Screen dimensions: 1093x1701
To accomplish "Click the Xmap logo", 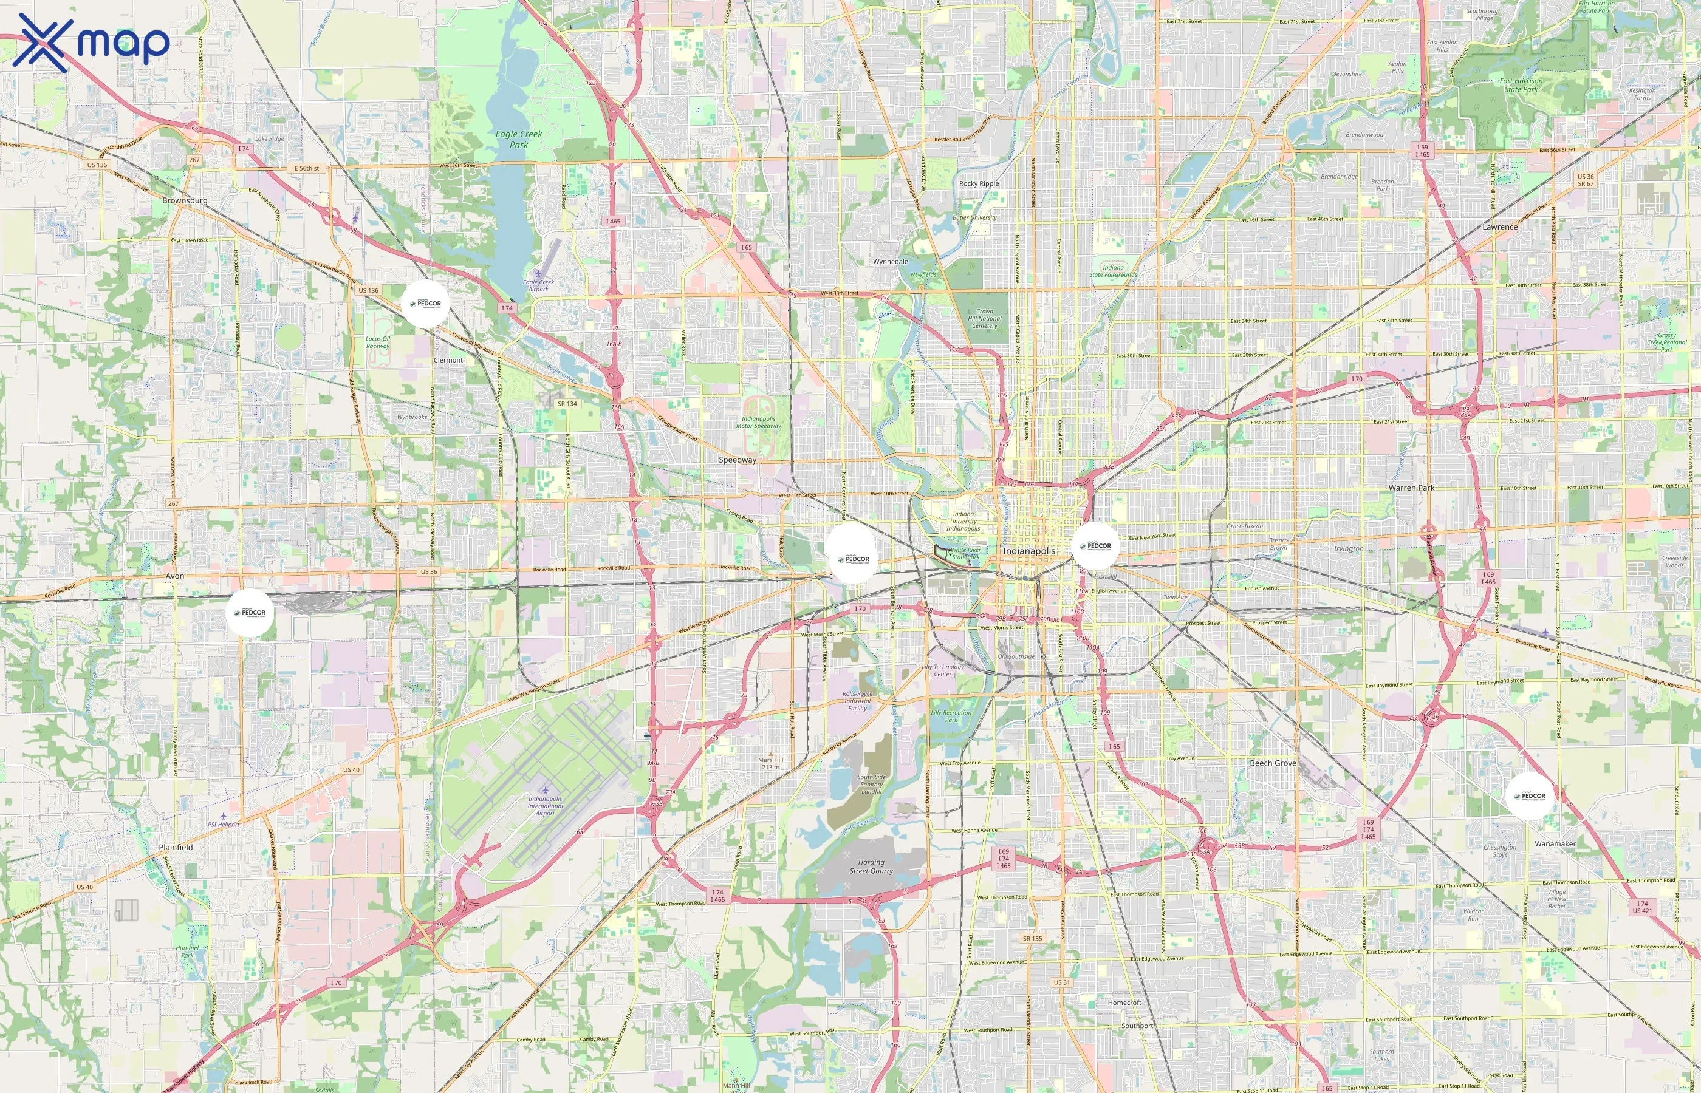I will tap(91, 43).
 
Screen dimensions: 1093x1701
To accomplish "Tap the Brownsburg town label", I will tap(185, 201).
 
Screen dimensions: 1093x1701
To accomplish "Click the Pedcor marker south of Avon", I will tap(250, 613).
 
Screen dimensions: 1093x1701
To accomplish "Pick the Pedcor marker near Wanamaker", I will tap(1529, 795).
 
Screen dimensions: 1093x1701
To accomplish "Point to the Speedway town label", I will tap(738, 460).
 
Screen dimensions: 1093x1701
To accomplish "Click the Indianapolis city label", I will tap(1028, 551).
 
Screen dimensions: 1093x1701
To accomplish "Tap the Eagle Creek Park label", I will tap(519, 139).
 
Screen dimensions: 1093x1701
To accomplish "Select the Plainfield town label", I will tap(176, 848).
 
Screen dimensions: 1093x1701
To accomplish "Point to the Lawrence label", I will tap(1500, 227).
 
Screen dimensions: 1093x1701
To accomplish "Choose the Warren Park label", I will tap(1411, 488).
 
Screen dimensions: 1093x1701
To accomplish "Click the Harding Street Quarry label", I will tap(871, 866).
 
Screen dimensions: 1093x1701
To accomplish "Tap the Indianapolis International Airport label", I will tap(544, 806).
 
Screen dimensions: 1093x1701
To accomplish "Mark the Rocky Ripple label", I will tap(979, 183).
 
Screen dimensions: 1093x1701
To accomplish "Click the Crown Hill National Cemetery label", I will tap(985, 319).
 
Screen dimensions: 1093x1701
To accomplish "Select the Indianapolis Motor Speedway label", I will tap(758, 422).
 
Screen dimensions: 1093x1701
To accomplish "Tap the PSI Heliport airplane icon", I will tap(224, 816).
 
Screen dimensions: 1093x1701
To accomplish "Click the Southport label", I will tap(1137, 1026).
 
